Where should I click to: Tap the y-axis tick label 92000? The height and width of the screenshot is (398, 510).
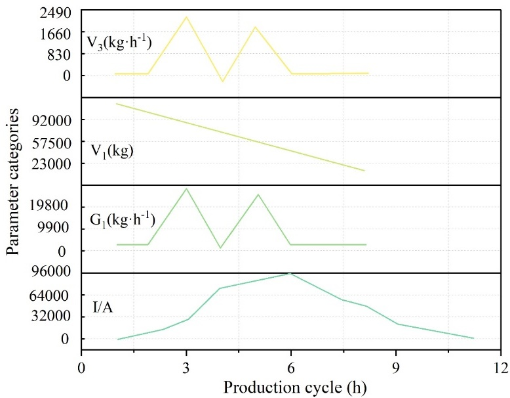coord(51,120)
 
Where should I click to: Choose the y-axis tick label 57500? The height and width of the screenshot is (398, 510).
coord(51,142)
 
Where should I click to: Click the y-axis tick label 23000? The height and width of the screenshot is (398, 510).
coord(51,164)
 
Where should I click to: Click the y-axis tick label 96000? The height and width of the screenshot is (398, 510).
coord(51,273)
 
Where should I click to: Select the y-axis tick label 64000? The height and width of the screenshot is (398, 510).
coord(51,296)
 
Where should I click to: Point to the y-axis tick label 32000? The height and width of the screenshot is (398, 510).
coord(51,317)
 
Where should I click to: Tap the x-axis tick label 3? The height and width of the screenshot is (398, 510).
coord(186,368)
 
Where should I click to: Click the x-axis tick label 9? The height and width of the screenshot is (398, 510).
coord(396,368)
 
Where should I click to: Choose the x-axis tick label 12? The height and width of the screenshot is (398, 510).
coord(501,368)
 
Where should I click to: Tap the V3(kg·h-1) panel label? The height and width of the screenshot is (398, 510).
coord(119,43)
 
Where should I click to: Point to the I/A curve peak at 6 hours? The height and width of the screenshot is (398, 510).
coord(289,273)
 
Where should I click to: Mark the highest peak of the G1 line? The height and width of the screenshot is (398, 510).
coord(186,188)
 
